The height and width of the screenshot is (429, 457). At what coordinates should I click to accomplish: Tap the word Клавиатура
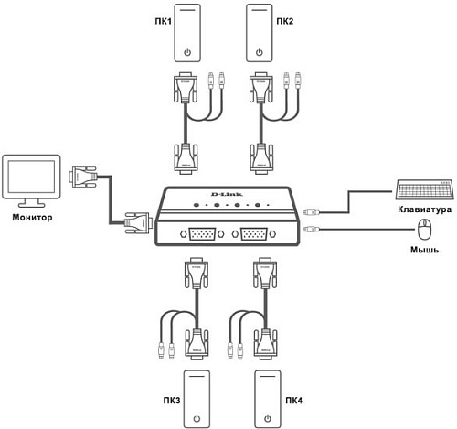tap(425, 209)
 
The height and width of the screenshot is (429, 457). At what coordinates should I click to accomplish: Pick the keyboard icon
tap(425, 189)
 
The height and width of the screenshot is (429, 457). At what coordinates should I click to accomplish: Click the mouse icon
tap(423, 229)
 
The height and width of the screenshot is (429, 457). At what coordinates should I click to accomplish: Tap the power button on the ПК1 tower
tap(188, 52)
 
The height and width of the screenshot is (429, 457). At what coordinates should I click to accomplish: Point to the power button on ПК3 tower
tap(196, 420)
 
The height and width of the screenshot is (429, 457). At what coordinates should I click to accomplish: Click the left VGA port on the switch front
tap(201, 237)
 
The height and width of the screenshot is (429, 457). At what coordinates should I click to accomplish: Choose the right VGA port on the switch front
tap(255, 237)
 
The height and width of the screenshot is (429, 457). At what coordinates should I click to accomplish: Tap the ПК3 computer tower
tap(196, 399)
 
